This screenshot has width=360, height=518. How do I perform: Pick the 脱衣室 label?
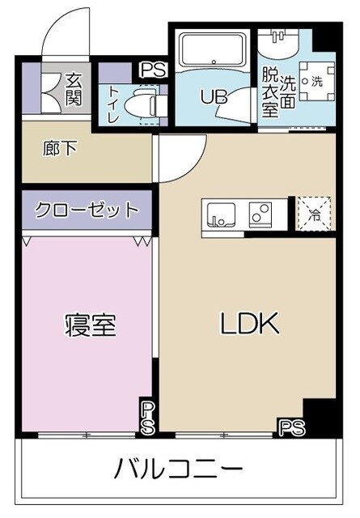point(270,93)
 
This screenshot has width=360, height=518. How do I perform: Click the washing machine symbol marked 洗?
point(316,82)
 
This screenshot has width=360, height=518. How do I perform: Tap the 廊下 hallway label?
point(55,150)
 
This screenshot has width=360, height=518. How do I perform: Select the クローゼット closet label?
point(86,210)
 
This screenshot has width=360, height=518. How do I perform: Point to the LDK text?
point(250,325)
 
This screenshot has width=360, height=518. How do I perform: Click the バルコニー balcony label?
point(178,469)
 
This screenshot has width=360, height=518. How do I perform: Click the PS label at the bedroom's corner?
point(147,416)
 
